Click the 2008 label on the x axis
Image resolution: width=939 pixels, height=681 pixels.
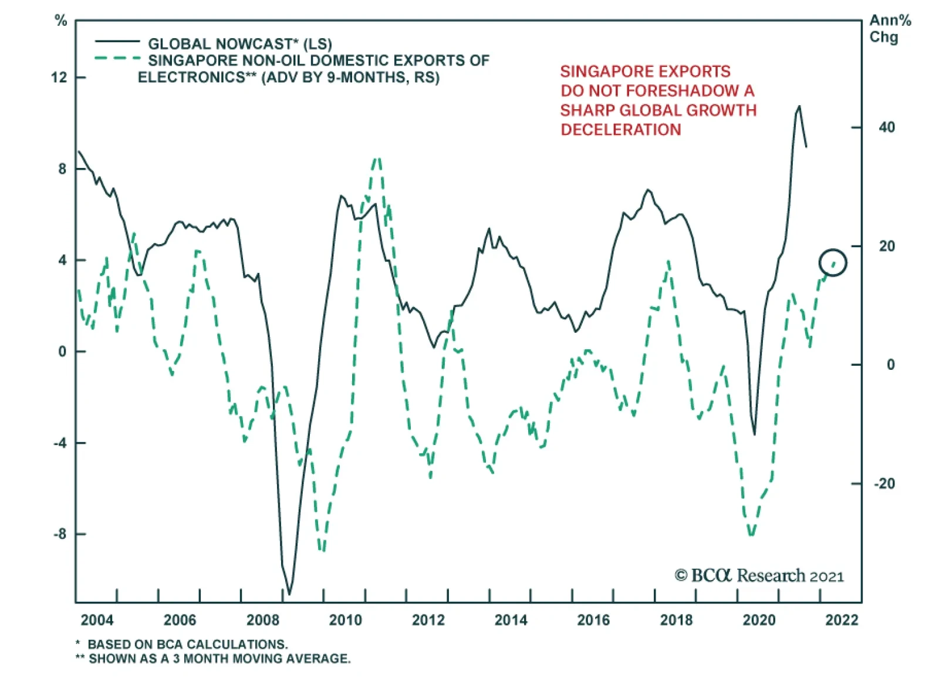pos(263,620)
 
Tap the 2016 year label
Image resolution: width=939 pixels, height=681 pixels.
pos(593,620)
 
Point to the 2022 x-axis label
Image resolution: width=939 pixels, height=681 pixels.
pos(842,620)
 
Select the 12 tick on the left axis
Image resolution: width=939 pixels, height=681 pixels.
pos(59,77)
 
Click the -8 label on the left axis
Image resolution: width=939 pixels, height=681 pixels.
pos(59,534)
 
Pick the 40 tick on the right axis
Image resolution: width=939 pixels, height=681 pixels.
pos(887,127)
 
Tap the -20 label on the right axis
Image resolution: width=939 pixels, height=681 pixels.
pos(884,484)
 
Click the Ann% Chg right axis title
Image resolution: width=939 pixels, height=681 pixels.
pos(889,29)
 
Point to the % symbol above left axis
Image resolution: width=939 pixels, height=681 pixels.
pos(61,21)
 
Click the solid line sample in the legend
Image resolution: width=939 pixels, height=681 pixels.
pos(117,42)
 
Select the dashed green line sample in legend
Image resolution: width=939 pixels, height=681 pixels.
pos(117,59)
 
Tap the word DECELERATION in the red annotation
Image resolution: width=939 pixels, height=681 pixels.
pos(621,130)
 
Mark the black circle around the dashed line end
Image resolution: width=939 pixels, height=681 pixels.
pos(833,262)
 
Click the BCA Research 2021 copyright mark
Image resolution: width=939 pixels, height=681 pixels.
pos(759,575)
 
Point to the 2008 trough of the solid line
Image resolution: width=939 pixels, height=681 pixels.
pos(289,593)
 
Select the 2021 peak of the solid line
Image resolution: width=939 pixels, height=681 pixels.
pos(799,107)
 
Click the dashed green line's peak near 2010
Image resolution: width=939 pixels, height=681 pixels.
pos(377,159)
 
